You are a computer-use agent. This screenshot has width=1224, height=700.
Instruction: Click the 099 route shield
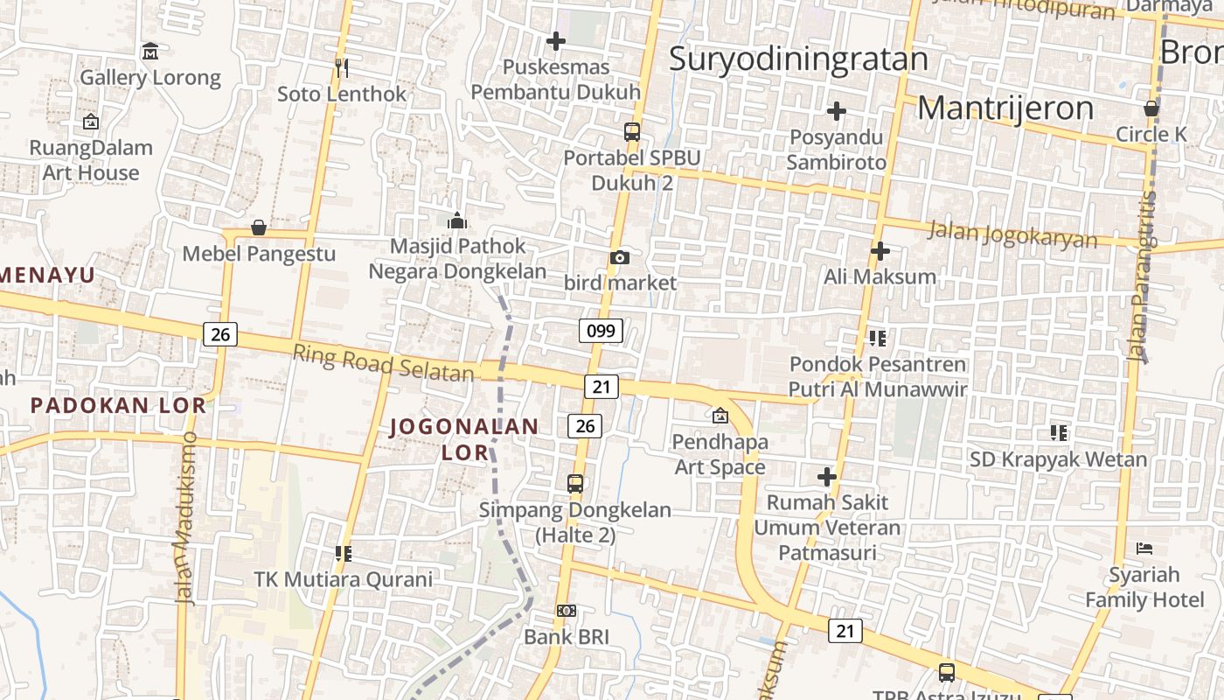(601, 331)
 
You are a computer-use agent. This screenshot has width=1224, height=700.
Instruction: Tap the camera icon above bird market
(619, 257)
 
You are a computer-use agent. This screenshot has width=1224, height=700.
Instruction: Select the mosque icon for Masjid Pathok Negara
(456, 220)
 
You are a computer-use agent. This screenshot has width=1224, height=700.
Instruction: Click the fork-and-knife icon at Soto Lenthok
(342, 66)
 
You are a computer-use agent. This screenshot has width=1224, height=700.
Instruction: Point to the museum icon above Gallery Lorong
(150, 51)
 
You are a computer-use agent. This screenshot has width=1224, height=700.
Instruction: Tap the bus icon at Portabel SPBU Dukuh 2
(631, 132)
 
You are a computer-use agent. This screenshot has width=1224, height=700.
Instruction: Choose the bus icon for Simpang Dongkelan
(575, 483)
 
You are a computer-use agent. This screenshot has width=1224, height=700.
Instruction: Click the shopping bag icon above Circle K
(1151, 108)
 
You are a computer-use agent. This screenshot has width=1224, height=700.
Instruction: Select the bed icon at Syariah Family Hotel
(1144, 549)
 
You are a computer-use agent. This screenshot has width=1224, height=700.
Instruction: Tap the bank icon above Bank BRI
(567, 611)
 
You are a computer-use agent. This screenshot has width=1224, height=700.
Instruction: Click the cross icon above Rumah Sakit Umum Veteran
(826, 477)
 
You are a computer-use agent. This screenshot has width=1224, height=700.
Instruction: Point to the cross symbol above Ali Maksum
(880, 251)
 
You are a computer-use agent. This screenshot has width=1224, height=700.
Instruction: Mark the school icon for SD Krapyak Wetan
(1059, 432)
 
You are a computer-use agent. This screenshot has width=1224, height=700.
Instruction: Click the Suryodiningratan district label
(798, 59)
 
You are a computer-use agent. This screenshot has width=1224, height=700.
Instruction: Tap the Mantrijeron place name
(1005, 108)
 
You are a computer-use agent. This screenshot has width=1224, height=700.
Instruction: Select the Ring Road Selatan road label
(383, 363)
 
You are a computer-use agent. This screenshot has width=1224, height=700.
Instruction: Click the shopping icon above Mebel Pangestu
(259, 227)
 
